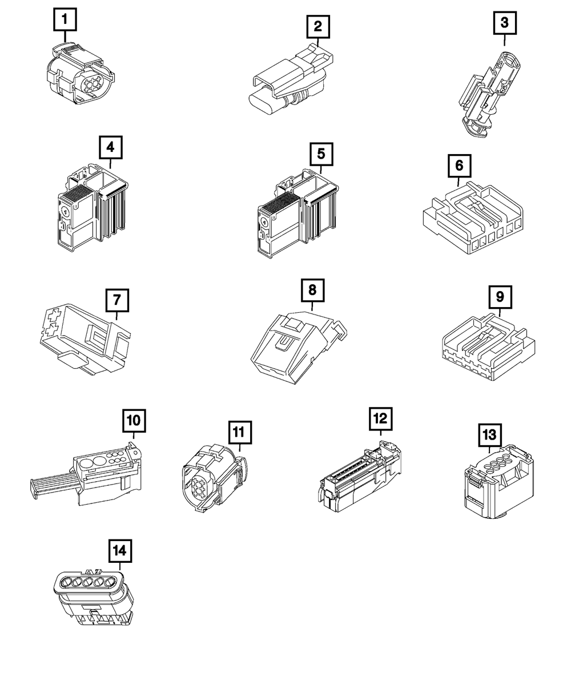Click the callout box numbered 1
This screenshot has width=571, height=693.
[x=65, y=21]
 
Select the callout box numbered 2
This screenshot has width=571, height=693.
[x=317, y=26]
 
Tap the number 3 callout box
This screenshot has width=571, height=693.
[x=504, y=23]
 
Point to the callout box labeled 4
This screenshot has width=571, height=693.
[x=110, y=147]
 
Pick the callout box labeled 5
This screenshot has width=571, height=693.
[x=321, y=154]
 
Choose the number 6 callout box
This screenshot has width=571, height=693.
[x=459, y=166]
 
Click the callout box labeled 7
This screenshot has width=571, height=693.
[x=116, y=300]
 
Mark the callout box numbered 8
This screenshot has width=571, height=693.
[x=312, y=290]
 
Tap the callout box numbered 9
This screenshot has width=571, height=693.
[x=500, y=296]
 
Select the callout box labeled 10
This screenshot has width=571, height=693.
[x=133, y=421]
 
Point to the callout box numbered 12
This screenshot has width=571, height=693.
[x=380, y=418]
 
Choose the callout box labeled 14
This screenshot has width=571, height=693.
[x=120, y=551]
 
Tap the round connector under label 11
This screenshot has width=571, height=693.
[x=214, y=479]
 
